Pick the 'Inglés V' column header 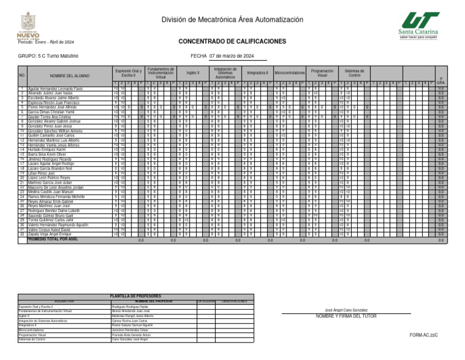pyautogui.click(x=193, y=72)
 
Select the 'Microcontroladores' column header pyautogui.click(x=289, y=72)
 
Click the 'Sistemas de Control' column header pyautogui.click(x=353, y=72)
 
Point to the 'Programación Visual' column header pyautogui.click(x=322, y=72)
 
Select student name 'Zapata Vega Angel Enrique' pyautogui.click(x=53, y=234)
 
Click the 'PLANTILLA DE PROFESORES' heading pyautogui.click(x=136, y=296)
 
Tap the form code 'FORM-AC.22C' pyautogui.click(x=423, y=335)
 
